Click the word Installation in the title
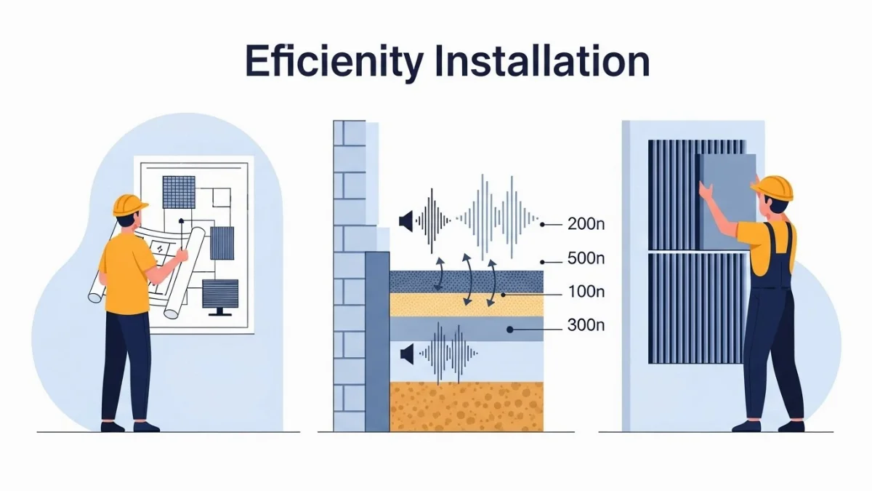[541, 61]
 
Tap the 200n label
[586, 225]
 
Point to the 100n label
[586, 293]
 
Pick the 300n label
[586, 326]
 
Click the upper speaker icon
[405, 219]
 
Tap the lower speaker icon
[406, 354]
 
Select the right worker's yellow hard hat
[772, 187]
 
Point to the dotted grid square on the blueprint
[179, 192]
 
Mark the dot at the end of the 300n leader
[510, 329]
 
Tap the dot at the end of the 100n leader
[502, 294]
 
